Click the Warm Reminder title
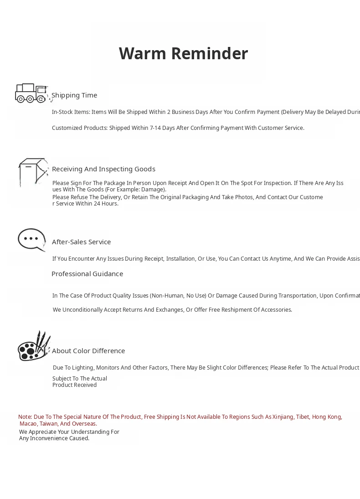(183, 53)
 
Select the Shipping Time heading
(74, 95)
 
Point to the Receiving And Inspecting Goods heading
(103, 169)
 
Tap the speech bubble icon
(31, 240)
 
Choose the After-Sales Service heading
(81, 242)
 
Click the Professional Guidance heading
(87, 274)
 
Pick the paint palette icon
(33, 346)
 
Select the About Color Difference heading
(88, 351)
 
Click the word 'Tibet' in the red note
(303, 417)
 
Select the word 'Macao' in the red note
(28, 424)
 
